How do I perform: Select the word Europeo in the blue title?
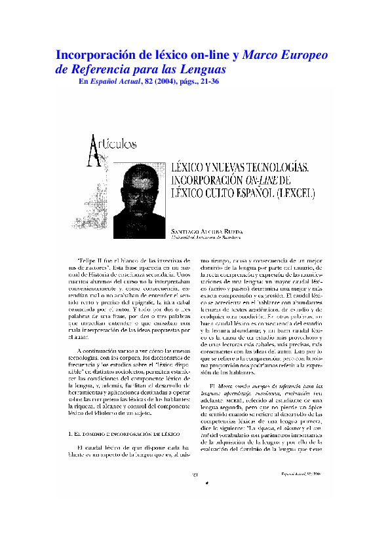point(301,55)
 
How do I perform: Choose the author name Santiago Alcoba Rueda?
point(206,232)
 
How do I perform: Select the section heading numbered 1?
point(125,433)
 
